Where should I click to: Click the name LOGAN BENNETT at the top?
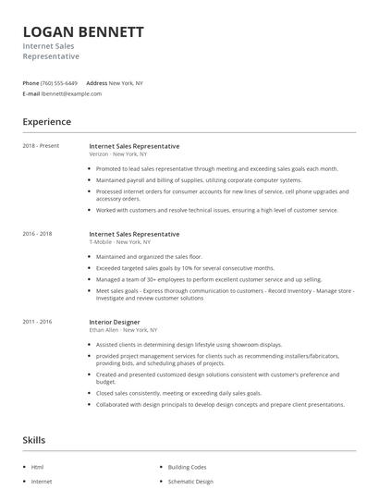coord(83,32)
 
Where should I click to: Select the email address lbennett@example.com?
coord(71,93)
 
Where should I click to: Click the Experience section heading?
coord(46,122)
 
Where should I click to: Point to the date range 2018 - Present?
coord(41,146)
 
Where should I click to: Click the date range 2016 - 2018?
coord(38,234)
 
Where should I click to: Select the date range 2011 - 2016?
coord(38,321)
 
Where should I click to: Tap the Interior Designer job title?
coord(116,321)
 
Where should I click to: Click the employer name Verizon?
coord(98,154)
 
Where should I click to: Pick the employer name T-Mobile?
coord(101,242)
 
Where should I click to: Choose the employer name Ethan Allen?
coord(104,329)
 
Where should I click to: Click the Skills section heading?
coord(33,440)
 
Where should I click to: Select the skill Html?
coord(37,468)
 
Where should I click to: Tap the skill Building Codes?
coord(188,468)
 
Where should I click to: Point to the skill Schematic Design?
coord(190,482)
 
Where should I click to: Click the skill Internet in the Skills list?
coord(42,482)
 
